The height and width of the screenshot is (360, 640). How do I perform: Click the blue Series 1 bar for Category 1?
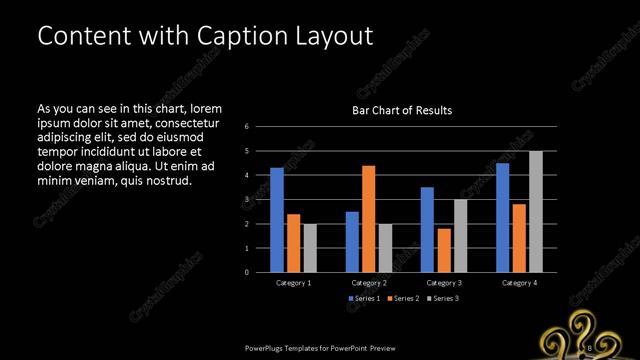[x=277, y=220]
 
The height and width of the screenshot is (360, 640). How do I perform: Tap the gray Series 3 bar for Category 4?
[x=536, y=212]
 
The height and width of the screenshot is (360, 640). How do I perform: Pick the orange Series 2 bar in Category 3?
[x=444, y=250]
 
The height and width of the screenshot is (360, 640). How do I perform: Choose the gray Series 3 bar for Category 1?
[x=310, y=248]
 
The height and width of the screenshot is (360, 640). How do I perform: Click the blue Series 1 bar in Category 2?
[x=352, y=242]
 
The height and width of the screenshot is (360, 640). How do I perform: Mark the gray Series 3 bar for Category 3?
[x=460, y=236]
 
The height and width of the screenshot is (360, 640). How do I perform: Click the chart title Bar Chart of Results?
[x=402, y=110]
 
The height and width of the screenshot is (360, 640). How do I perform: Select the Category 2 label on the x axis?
[x=369, y=283]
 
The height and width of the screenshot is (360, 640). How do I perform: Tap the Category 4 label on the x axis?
[x=518, y=283]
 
